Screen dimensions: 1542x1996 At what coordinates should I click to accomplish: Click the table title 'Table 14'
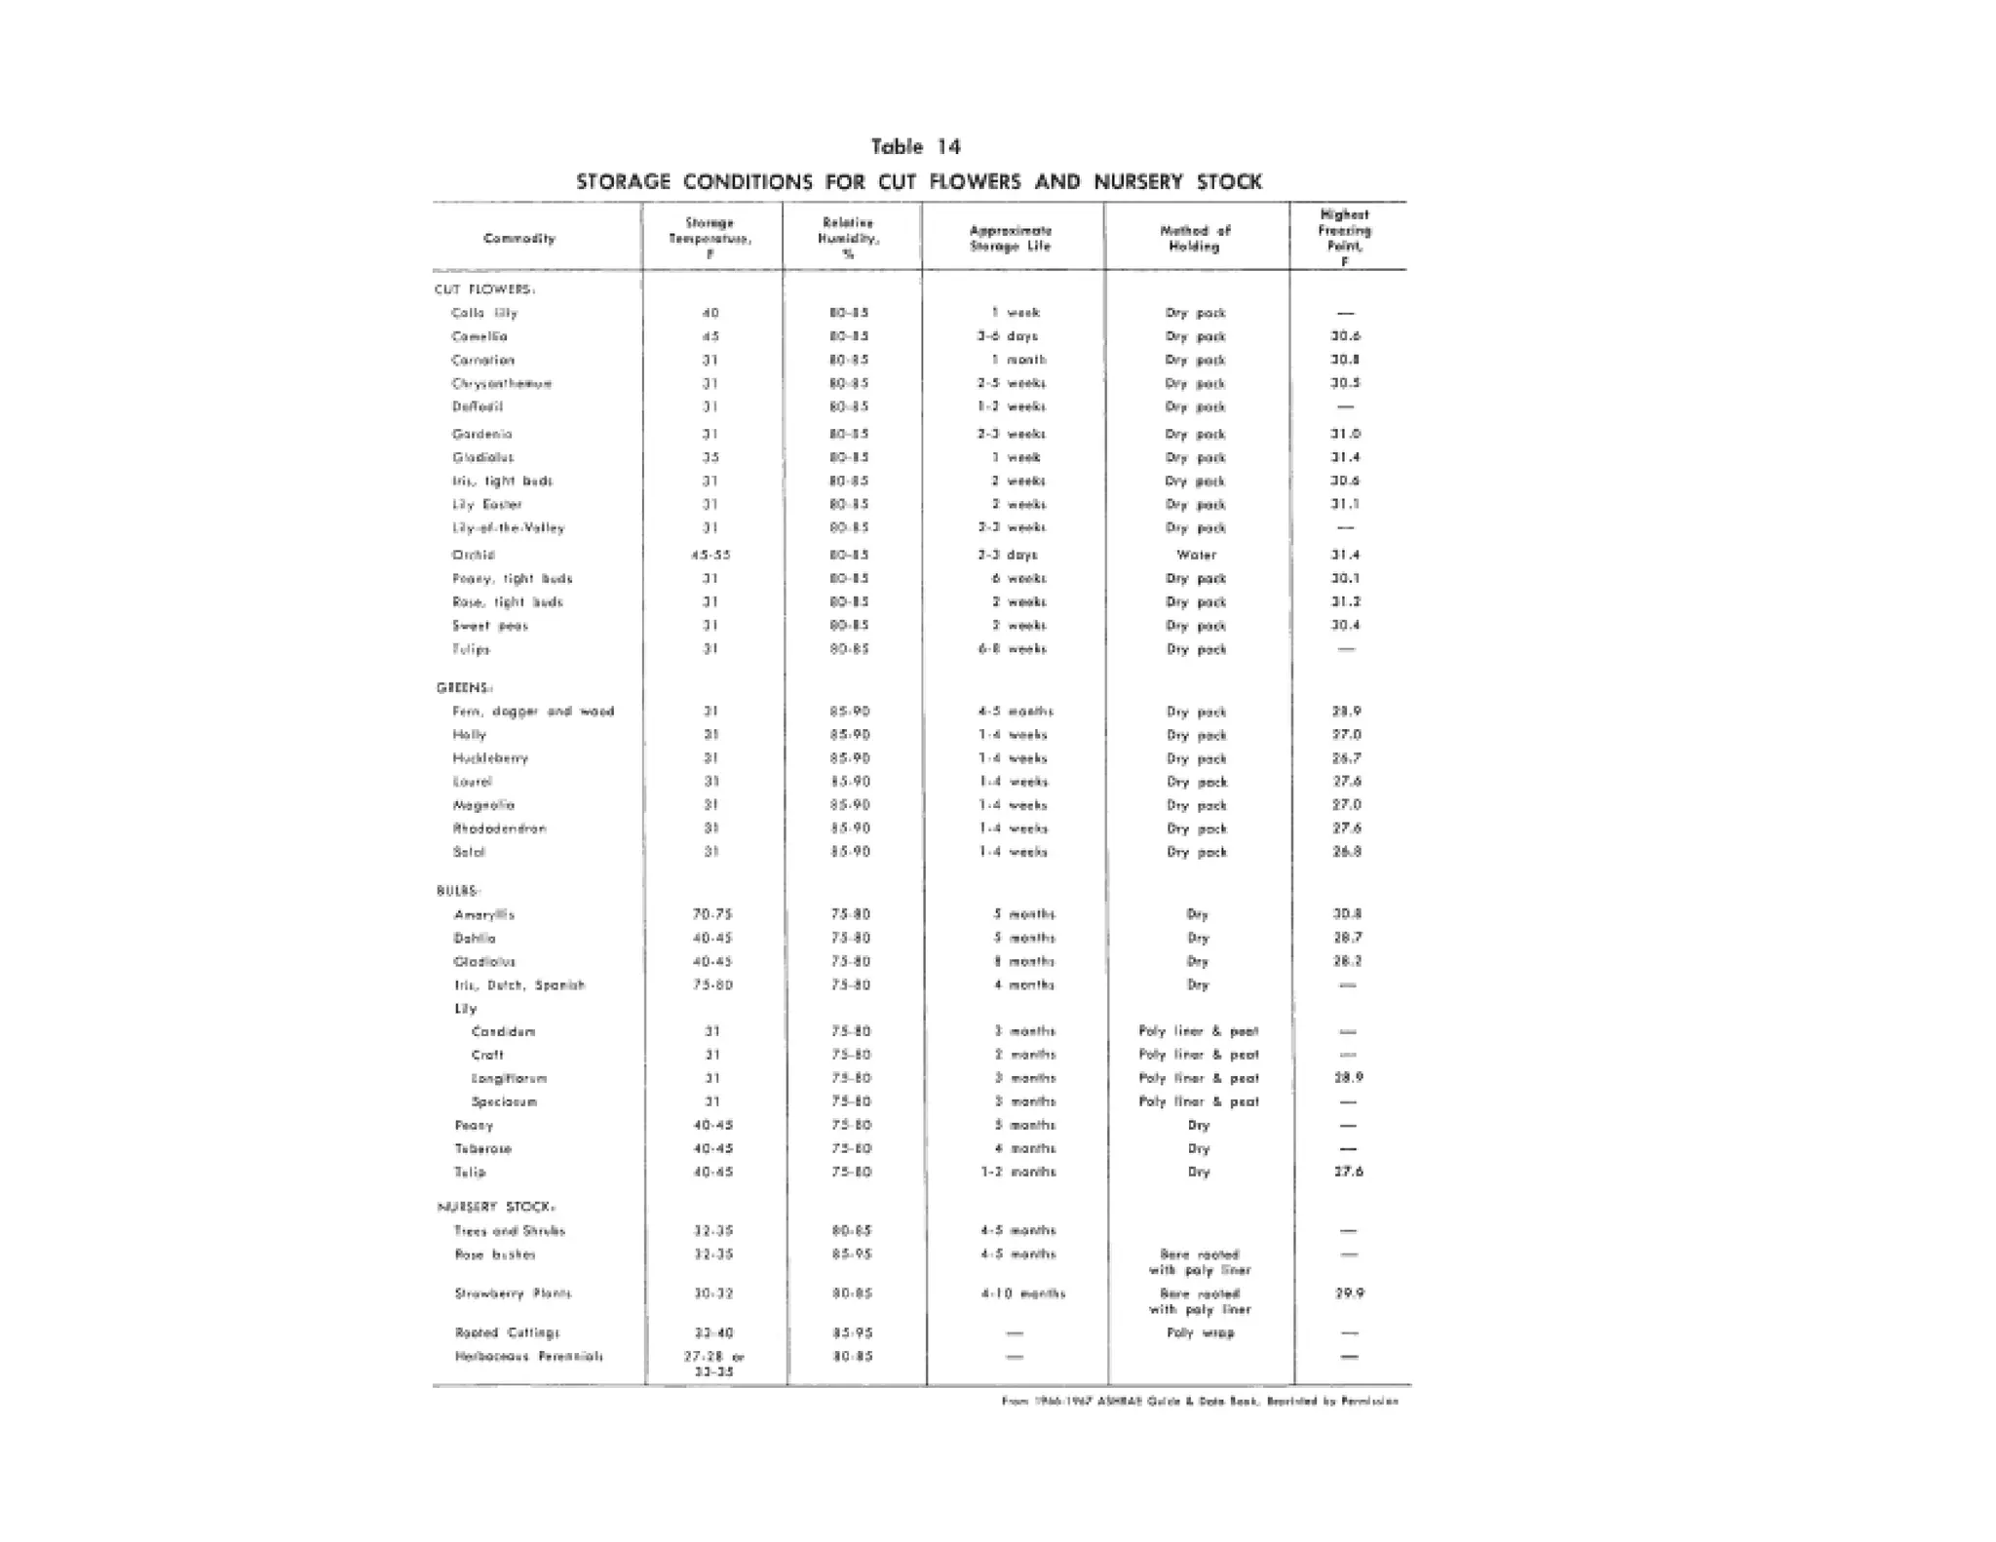915,147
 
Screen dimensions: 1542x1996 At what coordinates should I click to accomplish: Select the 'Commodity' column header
519,239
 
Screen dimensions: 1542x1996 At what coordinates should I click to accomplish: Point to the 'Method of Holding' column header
1195,239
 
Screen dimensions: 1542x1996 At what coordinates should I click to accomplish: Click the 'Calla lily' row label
484,313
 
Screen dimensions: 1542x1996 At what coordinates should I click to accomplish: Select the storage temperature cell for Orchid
710,555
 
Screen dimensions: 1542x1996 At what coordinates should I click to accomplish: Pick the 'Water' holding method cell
1196,555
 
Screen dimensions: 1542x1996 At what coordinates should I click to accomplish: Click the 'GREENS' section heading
464,688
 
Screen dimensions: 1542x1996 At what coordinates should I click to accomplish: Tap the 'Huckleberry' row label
490,758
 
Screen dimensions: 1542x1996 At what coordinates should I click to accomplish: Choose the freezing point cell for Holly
1346,735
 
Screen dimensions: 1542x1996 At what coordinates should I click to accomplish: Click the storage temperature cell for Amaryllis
712,914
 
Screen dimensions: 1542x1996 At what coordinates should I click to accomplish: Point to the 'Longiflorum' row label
509,1078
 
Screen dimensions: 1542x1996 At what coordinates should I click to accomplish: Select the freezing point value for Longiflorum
1348,1078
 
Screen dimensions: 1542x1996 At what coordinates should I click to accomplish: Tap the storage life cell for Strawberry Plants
1022,1293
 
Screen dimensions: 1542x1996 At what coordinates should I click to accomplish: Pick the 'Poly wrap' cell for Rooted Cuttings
1200,1332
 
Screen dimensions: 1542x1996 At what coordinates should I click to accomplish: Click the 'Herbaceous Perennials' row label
528,1356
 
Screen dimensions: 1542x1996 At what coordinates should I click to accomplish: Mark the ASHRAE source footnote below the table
1200,1402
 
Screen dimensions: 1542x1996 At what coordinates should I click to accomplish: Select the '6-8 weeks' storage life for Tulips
1013,649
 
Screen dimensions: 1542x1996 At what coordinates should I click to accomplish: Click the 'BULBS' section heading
458,891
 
